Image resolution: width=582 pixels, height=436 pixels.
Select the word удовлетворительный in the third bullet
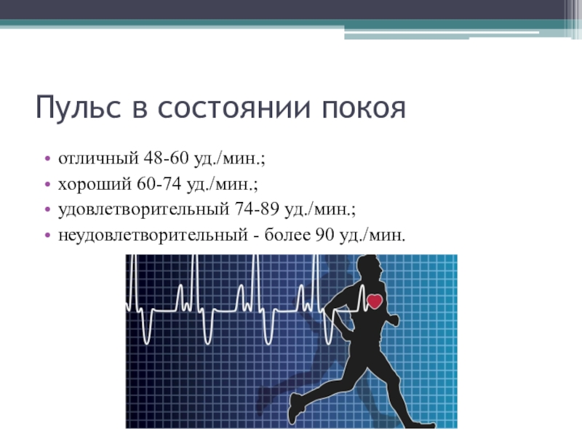click(x=143, y=210)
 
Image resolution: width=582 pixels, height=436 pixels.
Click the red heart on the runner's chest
click(x=375, y=300)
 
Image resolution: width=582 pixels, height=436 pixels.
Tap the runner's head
click(x=370, y=269)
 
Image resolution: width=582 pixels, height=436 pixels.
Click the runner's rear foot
click(x=295, y=411)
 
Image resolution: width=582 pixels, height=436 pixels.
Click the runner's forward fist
click(x=394, y=320)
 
